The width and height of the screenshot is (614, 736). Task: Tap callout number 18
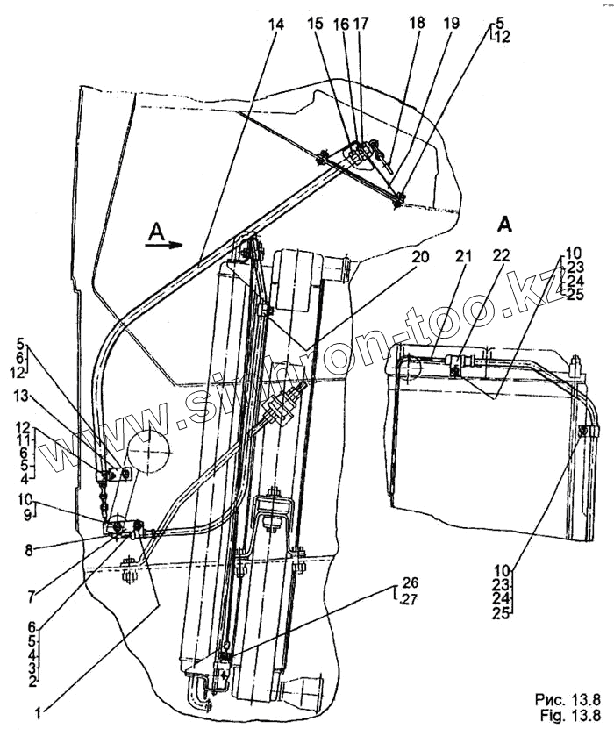(416, 25)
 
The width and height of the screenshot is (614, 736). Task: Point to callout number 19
(451, 25)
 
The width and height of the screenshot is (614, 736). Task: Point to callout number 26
(410, 582)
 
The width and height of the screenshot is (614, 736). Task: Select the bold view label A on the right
(504, 225)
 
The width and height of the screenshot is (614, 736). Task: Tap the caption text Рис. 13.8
(567, 700)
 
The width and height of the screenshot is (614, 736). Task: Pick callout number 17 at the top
(361, 25)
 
